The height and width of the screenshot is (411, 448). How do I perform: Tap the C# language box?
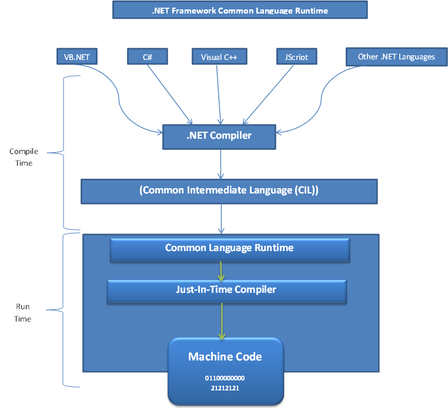(x=148, y=56)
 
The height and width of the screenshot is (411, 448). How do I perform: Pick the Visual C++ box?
(x=219, y=56)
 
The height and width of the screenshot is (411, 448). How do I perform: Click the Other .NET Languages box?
(x=396, y=56)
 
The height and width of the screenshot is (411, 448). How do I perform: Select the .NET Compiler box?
(x=219, y=136)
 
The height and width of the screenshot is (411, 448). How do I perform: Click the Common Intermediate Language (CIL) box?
(x=228, y=191)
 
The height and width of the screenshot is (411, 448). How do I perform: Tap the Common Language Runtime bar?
(x=229, y=248)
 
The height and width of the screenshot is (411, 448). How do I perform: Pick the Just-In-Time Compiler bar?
(x=226, y=290)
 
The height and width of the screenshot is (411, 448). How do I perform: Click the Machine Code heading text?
(x=225, y=357)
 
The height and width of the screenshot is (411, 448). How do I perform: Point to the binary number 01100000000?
(x=225, y=378)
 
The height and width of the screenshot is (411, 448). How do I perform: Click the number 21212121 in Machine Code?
(x=225, y=388)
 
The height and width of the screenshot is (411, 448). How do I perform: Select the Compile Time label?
(x=24, y=157)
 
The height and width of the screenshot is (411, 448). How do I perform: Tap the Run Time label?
(x=24, y=312)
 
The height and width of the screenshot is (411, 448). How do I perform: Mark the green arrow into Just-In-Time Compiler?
(x=221, y=270)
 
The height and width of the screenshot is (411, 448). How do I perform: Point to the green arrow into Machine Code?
(x=222, y=321)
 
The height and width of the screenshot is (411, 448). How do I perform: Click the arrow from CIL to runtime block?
(x=221, y=218)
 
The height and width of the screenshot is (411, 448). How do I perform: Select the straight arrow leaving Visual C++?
(x=220, y=94)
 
